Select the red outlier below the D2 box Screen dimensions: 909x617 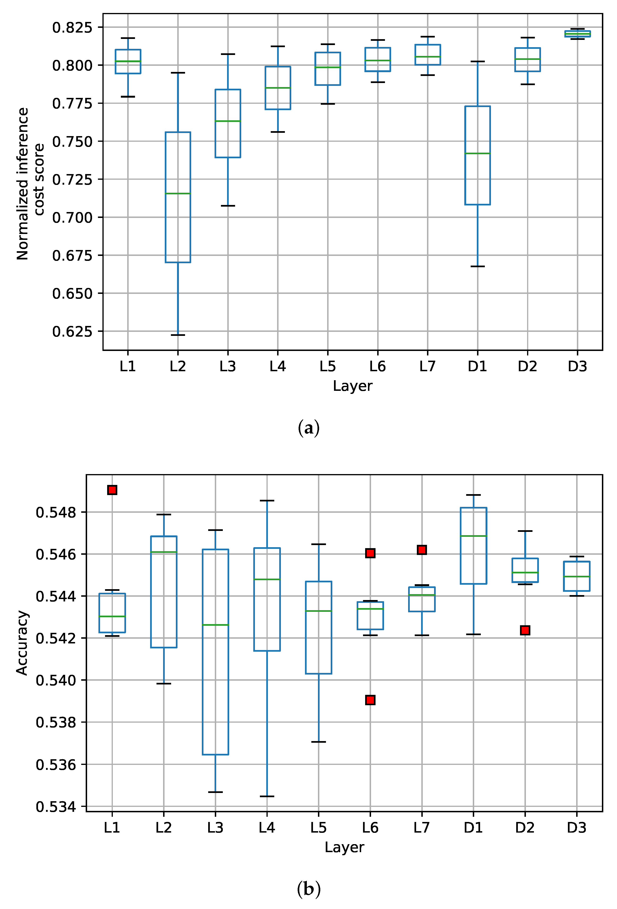point(525,630)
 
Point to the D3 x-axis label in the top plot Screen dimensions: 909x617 point(577,367)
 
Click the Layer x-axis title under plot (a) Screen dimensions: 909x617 point(352,386)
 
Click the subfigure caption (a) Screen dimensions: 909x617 point(308,428)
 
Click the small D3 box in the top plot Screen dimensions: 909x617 point(577,34)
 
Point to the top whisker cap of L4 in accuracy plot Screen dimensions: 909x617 point(267,500)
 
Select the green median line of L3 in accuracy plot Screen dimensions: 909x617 point(215,625)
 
